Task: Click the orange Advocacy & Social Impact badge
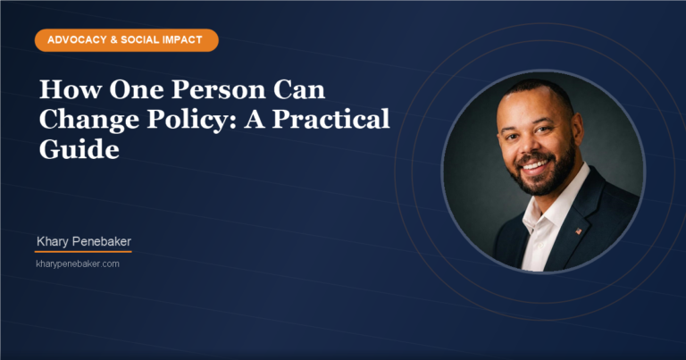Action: pos(126,40)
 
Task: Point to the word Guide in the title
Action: pos(79,150)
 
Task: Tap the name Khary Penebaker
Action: pos(85,242)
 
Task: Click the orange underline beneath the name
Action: pos(83,252)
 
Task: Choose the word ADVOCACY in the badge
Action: pos(73,40)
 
